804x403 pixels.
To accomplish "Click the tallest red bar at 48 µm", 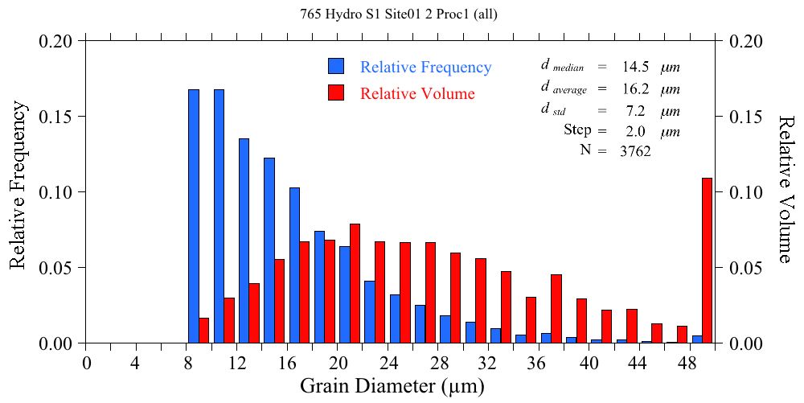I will pos(707,261).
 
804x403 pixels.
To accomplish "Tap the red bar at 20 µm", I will pos(355,283).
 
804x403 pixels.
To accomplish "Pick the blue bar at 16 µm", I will pos(294,265).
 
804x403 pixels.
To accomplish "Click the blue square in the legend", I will pos(336,67).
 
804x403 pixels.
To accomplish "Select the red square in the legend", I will pos(336,93).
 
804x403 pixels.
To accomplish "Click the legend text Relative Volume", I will pos(417,93).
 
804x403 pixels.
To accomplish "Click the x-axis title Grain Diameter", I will pos(392,386).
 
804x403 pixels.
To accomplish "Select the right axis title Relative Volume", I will pos(786,189).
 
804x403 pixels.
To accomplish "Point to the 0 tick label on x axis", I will pos(87,363).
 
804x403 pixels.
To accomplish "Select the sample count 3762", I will pos(635,150).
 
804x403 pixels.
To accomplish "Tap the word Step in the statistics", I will pos(577,130).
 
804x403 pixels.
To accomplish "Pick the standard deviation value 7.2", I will pos(635,109).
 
